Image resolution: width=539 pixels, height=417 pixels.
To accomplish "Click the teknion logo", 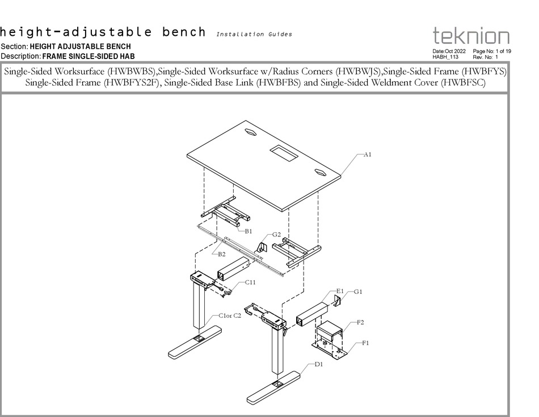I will [x=471, y=37].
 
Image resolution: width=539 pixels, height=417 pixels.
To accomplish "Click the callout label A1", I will [x=368, y=155].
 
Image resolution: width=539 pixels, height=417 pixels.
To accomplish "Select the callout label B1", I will [x=249, y=231].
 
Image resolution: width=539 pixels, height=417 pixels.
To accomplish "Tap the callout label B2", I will [x=222, y=255].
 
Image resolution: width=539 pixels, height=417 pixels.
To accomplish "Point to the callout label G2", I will [x=276, y=234].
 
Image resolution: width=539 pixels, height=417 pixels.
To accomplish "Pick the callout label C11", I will [x=250, y=282].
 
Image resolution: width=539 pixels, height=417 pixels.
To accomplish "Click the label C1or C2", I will [x=230, y=316].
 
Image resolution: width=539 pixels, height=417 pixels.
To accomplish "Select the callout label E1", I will [x=339, y=291].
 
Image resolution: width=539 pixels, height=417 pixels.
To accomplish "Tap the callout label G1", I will [x=358, y=291].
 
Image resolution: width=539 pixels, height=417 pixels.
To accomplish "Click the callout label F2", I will [x=360, y=322].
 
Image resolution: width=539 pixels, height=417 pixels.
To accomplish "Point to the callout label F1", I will [x=365, y=343].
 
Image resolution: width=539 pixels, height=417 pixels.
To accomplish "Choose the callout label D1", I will [x=319, y=364].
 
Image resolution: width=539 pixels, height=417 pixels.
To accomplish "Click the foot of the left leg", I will [x=196, y=341].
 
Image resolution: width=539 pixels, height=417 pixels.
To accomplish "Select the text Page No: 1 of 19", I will [x=492, y=51].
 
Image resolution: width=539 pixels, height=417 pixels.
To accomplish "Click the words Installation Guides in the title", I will [x=254, y=34].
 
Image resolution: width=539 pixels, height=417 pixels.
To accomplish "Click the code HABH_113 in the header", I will [x=445, y=57].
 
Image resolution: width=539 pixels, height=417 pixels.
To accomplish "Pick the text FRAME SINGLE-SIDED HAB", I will [x=89, y=56].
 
